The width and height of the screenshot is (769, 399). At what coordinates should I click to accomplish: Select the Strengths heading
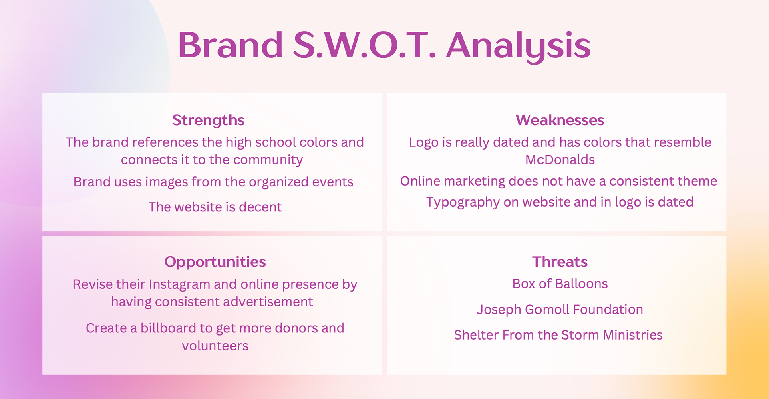[x=208, y=120]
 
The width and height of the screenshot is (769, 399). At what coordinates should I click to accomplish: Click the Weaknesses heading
[x=560, y=120]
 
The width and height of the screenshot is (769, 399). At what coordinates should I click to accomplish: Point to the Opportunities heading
[x=215, y=262]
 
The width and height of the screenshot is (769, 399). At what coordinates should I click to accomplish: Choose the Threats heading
[x=560, y=262]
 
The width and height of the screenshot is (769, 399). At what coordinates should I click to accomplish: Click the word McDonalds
[x=560, y=160]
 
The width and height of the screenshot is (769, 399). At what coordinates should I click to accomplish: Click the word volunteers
[x=215, y=346]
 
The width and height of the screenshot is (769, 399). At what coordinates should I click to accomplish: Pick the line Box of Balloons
[x=560, y=284]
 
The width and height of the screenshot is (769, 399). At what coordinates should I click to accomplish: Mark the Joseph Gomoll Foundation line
[x=560, y=310]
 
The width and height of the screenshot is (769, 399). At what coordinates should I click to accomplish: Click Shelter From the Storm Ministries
[x=558, y=335]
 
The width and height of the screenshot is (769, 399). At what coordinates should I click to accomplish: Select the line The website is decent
[x=215, y=207]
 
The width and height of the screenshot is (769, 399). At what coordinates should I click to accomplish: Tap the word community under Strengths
[x=268, y=160]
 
